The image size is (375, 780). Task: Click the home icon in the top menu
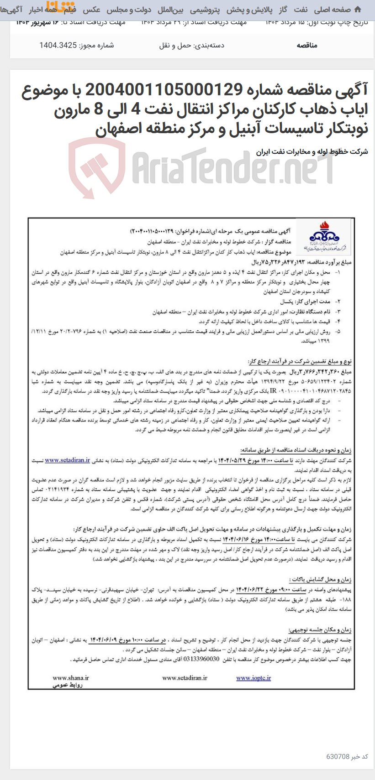click(357, 10)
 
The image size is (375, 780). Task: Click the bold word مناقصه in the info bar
click(307, 45)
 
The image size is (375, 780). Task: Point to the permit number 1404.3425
click(58, 45)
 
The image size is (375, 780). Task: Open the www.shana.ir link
click(71, 678)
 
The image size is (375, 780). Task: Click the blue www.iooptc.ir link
click(254, 678)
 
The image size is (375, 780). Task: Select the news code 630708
click(338, 756)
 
